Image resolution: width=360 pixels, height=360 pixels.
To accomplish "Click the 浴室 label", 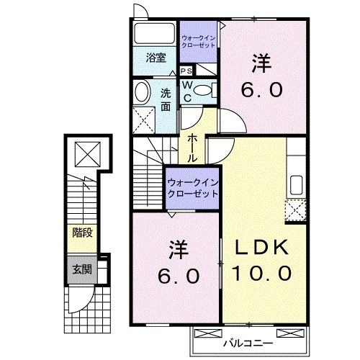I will (156, 58).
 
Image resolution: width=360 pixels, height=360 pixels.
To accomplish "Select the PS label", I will (186, 71).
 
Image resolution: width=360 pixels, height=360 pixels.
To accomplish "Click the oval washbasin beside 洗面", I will (143, 91).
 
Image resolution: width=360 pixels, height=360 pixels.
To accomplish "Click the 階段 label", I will (82, 233).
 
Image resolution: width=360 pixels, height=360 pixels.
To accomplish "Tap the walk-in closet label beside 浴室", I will (198, 40).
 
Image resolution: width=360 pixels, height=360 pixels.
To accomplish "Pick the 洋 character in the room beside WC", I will (260, 64).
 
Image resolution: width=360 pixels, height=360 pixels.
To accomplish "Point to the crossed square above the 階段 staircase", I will (85, 153).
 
